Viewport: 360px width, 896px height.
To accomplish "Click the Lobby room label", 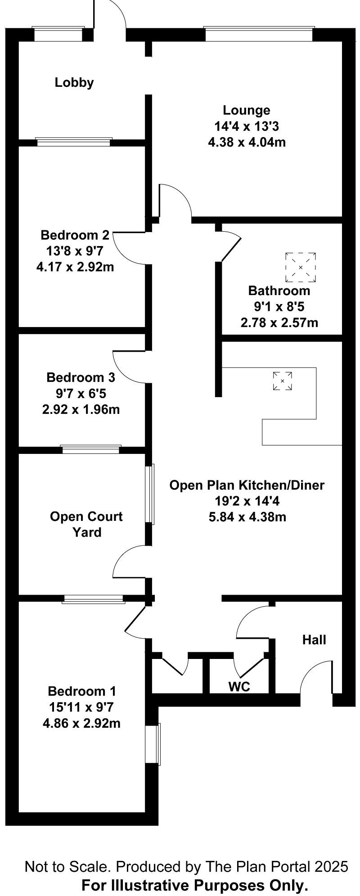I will [74, 82].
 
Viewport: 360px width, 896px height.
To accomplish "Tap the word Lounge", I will [247, 110].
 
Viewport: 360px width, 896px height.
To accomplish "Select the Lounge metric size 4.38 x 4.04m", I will [247, 143].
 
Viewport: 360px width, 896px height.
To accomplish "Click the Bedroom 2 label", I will [75, 235].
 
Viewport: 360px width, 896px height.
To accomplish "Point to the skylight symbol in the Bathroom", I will [300, 267].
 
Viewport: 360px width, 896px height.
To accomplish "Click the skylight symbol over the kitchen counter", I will [282, 381].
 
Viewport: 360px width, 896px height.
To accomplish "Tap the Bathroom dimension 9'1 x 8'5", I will [279, 307].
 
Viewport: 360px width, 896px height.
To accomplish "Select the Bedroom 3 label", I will [81, 377].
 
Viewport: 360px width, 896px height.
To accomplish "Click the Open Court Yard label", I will [86, 524].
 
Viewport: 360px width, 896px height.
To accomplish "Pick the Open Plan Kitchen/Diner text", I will [247, 485].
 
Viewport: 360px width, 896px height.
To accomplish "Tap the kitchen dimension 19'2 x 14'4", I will [247, 501].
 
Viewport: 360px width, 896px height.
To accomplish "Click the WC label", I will [239, 687].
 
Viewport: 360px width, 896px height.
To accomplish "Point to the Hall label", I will [314, 640].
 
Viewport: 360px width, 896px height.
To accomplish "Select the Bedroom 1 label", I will [82, 691].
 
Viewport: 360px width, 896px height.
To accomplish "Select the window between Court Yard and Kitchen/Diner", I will [150, 494].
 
